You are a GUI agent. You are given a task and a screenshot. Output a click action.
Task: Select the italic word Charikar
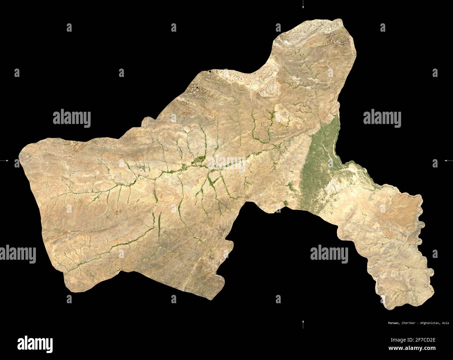coord(399,323)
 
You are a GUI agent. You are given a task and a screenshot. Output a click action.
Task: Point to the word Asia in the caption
coord(445,323)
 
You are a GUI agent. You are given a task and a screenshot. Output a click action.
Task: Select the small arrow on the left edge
coord(6,161)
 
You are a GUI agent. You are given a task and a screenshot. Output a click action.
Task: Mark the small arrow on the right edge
coord(447,161)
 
